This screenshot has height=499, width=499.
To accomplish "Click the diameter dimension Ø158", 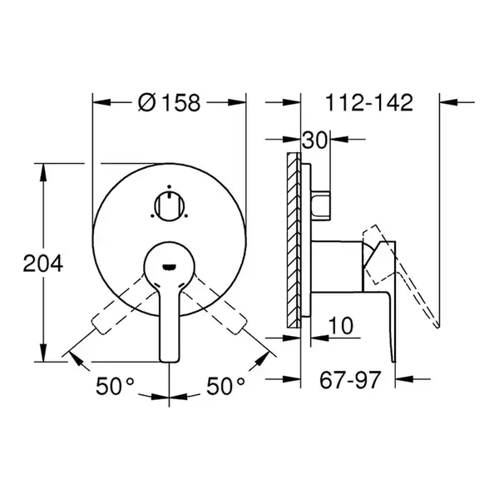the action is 170,102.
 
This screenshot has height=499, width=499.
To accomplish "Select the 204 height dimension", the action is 43,264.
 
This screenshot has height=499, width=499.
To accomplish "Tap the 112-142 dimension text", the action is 369,102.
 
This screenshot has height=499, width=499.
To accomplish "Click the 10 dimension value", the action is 340,325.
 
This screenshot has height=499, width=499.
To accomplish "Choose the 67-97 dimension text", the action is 350,379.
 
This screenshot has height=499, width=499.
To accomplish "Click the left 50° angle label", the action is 115,386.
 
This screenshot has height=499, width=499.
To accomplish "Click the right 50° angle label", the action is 225,386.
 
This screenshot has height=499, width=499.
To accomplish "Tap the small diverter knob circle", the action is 169,206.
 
